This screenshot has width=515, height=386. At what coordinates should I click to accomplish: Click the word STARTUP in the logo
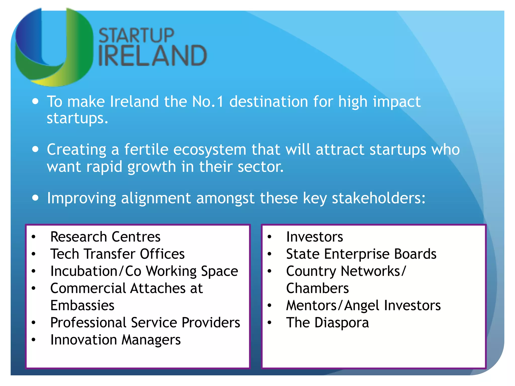pyautogui.click(x=136, y=36)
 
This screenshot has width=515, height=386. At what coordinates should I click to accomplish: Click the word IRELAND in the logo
pyautogui.click(x=152, y=56)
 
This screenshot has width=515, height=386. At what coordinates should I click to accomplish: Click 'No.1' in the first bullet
pyautogui.click(x=207, y=102)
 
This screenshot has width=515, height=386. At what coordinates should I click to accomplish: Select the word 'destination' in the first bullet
pyautogui.click(x=268, y=102)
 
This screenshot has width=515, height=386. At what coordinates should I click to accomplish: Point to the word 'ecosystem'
pyautogui.click(x=209, y=150)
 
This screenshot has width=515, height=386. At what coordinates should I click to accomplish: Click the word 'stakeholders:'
pyautogui.click(x=378, y=198)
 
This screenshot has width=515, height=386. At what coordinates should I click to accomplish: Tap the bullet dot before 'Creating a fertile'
pyautogui.click(x=35, y=149)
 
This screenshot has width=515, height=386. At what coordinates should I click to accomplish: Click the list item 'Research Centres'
pyautogui.click(x=105, y=237)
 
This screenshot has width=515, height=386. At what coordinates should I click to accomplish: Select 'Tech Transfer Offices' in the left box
pyautogui.click(x=117, y=254)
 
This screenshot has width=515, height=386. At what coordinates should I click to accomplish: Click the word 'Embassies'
pyautogui.click(x=82, y=306)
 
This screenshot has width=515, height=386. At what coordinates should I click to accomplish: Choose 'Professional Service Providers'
pyautogui.click(x=145, y=323)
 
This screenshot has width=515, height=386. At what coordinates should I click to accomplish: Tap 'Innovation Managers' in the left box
pyautogui.click(x=115, y=340)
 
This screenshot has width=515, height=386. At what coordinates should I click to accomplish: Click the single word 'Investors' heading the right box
pyautogui.click(x=314, y=237)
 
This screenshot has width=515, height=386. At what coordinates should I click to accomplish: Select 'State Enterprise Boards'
pyautogui.click(x=361, y=254)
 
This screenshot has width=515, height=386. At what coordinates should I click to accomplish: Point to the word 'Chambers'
pyautogui.click(x=317, y=288)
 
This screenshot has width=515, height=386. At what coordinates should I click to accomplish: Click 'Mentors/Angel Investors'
pyautogui.click(x=363, y=306)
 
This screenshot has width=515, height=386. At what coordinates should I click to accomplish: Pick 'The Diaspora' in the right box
pyautogui.click(x=327, y=323)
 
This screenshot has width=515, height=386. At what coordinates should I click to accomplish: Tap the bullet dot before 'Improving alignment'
pyautogui.click(x=35, y=198)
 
